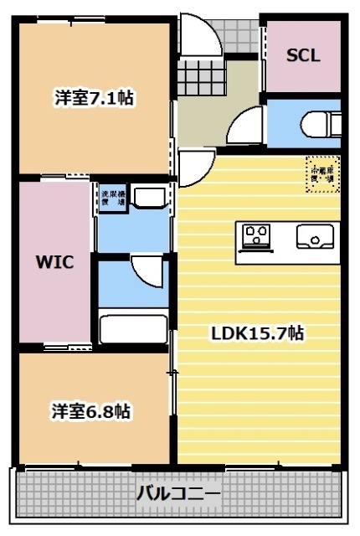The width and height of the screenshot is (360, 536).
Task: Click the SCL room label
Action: pos(302,56)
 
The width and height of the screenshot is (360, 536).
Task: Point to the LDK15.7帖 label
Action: pos(256,333)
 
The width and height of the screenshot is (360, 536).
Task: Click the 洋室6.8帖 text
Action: pos(90,411)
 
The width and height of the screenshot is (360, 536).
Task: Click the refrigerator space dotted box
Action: pos(322,173)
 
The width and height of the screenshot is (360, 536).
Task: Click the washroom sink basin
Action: pos(151,198)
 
